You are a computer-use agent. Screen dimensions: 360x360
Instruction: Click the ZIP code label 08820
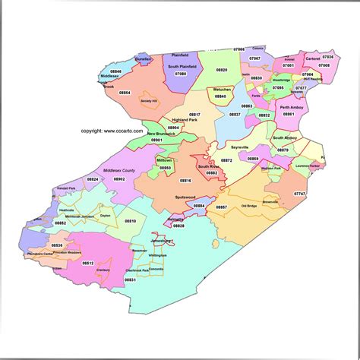tap(221, 69)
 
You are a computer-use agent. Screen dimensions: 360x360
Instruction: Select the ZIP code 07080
tap(182, 74)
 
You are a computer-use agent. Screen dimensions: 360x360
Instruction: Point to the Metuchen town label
tap(222, 90)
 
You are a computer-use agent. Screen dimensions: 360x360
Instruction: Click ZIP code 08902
tap(119, 179)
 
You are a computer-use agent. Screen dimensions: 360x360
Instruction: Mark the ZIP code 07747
tap(300, 194)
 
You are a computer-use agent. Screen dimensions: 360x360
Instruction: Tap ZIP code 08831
tap(130, 280)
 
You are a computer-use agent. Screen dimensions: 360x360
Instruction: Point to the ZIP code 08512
tap(87, 262)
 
